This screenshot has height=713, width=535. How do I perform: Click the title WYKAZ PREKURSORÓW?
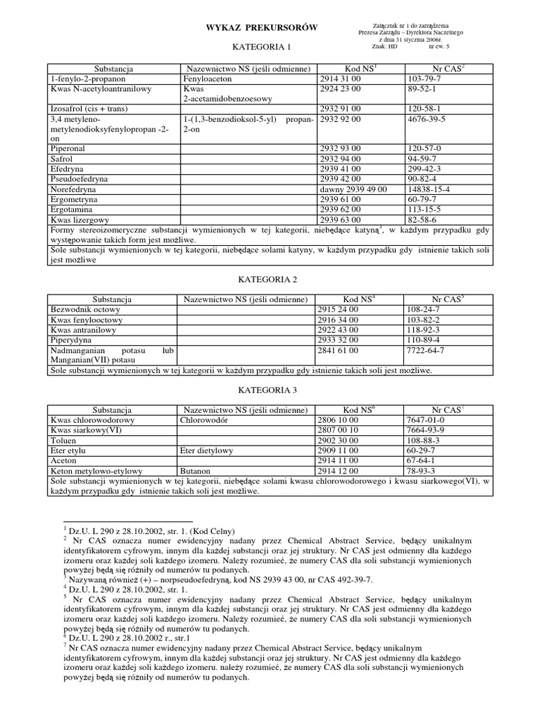pyautogui.click(x=261, y=27)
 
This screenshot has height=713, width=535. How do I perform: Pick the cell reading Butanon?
pyautogui.click(x=196, y=471)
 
